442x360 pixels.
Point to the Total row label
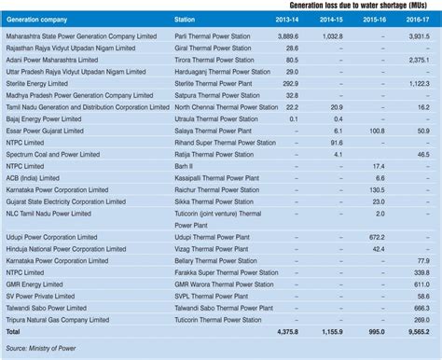(x=14, y=333)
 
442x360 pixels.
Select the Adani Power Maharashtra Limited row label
(x=56, y=59)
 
